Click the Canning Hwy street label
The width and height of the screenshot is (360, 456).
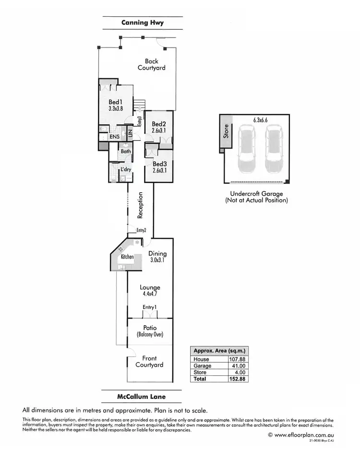click(x=143, y=23)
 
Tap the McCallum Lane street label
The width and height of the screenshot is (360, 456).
click(x=143, y=397)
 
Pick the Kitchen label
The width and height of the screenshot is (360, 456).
click(x=127, y=257)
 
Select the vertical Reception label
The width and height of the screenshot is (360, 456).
click(x=141, y=205)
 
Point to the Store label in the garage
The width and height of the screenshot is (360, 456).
click(x=227, y=131)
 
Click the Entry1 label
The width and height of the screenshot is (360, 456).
click(x=150, y=307)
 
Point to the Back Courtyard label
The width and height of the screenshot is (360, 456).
click(x=152, y=64)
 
